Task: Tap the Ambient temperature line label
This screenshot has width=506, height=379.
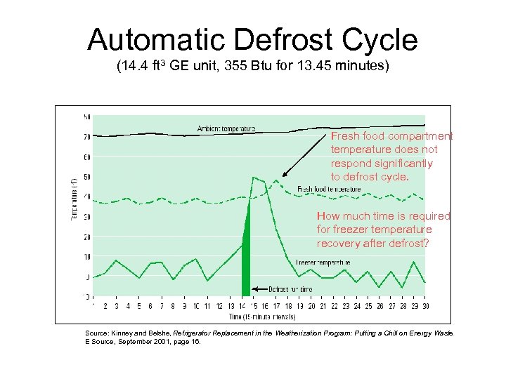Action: pos(226,129)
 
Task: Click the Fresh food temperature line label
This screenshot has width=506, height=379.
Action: pos(329,189)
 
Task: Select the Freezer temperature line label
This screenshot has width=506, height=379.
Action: pos(323,262)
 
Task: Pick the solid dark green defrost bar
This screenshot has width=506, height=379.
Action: pos(246,260)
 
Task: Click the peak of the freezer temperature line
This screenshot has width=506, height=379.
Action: pos(253,178)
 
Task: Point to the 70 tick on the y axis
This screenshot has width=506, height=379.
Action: pos(86,137)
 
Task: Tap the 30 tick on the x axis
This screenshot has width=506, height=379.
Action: pos(425,306)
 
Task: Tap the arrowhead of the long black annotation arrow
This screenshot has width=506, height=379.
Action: pos(283,175)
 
